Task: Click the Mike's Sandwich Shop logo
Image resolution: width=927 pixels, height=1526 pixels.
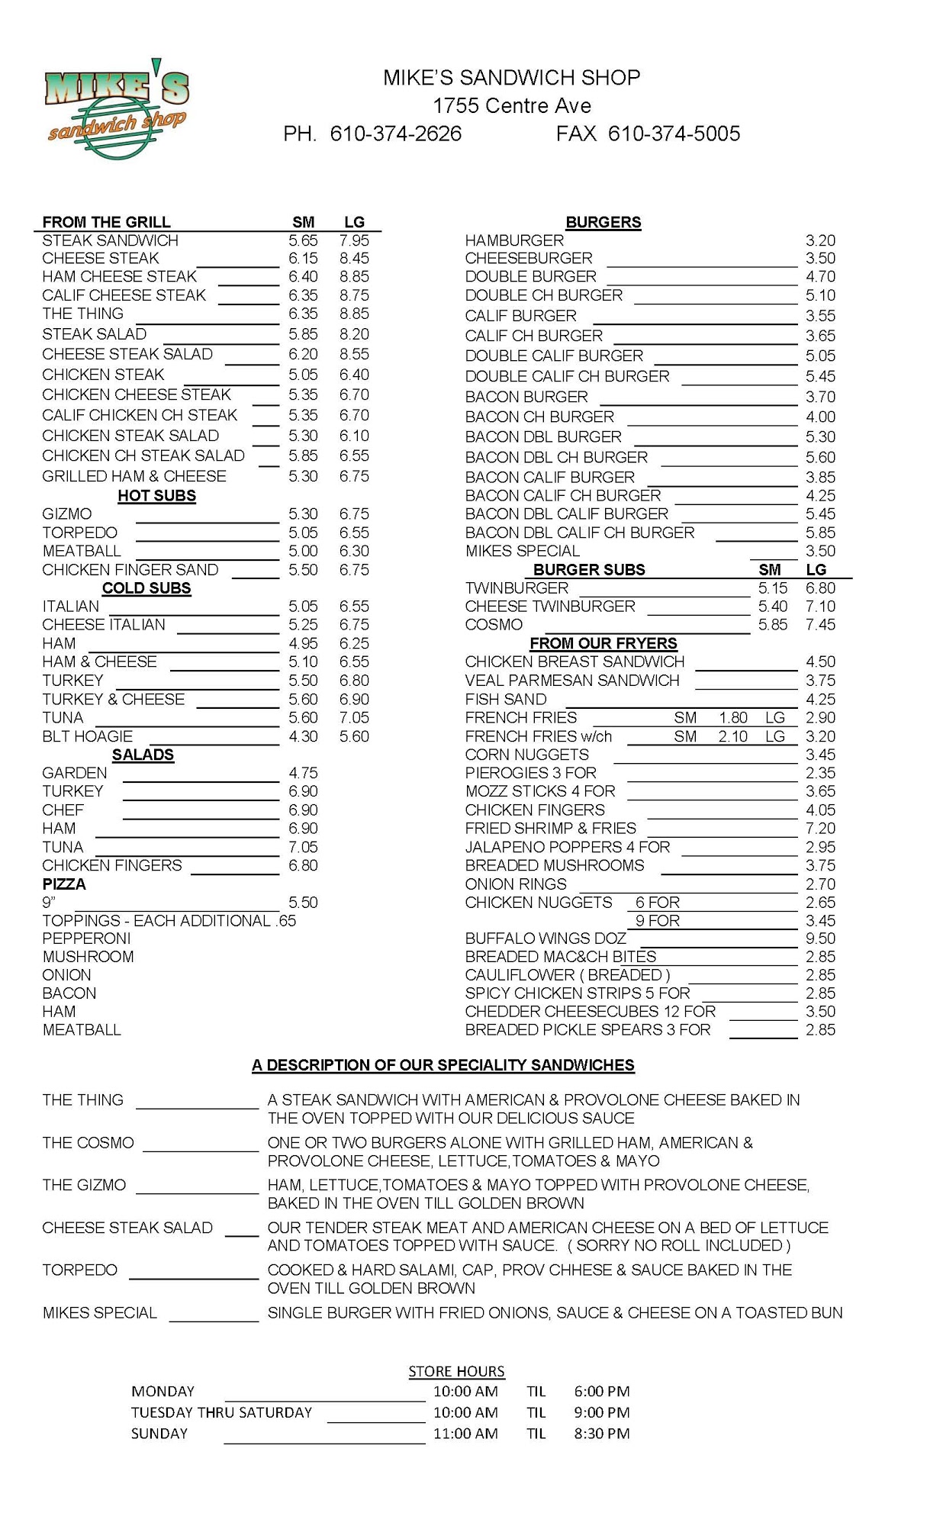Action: [x=117, y=109]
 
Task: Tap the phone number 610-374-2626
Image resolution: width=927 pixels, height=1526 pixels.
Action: [x=395, y=134]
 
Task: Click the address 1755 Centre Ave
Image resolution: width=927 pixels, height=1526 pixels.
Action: [x=512, y=106]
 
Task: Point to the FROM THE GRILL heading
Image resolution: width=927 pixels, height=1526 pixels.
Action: [x=106, y=222]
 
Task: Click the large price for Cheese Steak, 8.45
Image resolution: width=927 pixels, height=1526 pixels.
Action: [x=354, y=259]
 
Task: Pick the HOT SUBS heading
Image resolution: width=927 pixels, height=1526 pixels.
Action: [x=156, y=496]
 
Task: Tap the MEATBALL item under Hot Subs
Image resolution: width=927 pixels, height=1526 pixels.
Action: [x=82, y=551]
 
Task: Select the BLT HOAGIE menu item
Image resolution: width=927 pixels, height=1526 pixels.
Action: [x=87, y=736]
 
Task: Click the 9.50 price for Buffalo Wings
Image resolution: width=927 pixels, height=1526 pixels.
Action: [x=820, y=938]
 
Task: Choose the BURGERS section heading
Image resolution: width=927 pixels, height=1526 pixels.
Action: [x=603, y=222]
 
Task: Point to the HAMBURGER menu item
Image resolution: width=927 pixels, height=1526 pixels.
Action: [x=514, y=240]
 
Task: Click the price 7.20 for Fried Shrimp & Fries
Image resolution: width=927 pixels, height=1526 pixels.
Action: [x=820, y=829]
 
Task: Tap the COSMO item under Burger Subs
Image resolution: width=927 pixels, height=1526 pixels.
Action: [x=494, y=625]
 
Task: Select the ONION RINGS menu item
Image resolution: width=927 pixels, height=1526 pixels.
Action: [x=516, y=884]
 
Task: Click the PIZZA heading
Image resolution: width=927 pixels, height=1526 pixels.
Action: [x=64, y=884]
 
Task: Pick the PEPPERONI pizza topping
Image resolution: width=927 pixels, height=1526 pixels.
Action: [x=86, y=938]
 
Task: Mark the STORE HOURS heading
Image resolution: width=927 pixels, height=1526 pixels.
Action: [x=456, y=1371]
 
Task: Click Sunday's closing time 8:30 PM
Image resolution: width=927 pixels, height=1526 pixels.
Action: [x=602, y=1434]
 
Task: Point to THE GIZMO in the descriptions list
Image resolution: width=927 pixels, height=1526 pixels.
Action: [x=84, y=1185]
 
